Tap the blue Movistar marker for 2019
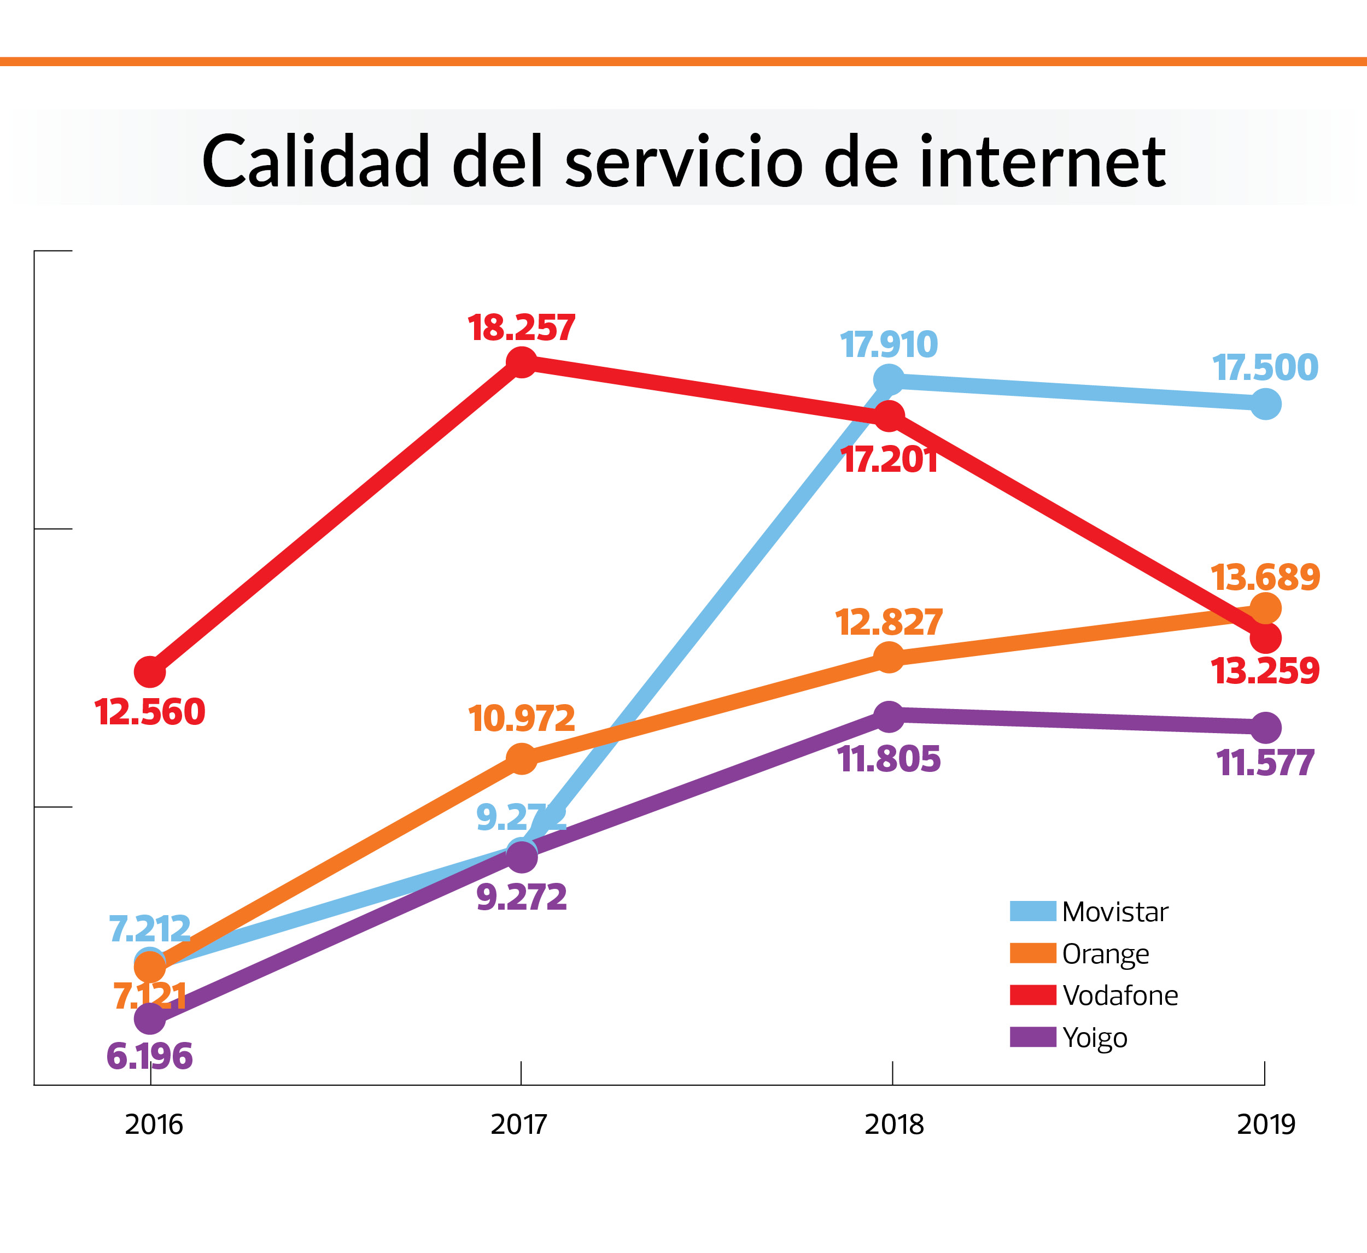pos(1265,404)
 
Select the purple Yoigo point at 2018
pos(889,717)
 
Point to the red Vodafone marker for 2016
pos(150,672)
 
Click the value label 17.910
pos(889,345)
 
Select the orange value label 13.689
pos(1265,578)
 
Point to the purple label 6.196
pos(150,1056)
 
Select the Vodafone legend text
pos(1120,996)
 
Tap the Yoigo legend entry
pos(1094,1038)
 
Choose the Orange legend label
pos(1105,953)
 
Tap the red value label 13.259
pos(1265,671)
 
